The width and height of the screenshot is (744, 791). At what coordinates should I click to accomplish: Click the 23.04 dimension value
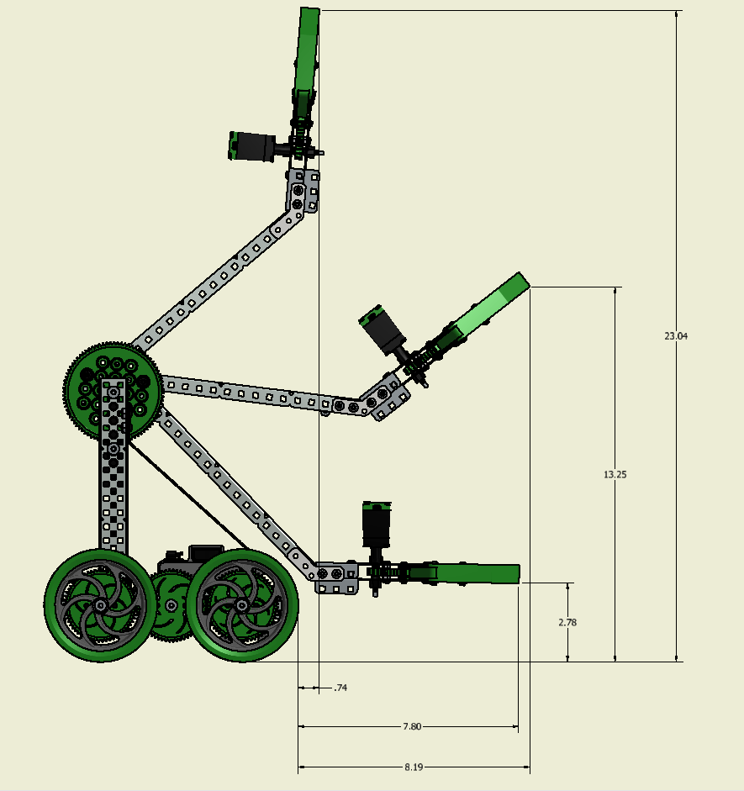click(x=676, y=336)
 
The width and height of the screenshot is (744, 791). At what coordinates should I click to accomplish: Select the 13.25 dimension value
click(x=615, y=474)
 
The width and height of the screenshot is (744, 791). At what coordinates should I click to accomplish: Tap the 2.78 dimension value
click(x=567, y=623)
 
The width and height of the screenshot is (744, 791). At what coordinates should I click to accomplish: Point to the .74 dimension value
click(x=340, y=688)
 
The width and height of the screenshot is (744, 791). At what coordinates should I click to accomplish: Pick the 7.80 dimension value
click(x=412, y=726)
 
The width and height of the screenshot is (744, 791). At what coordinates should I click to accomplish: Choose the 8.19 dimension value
click(x=414, y=767)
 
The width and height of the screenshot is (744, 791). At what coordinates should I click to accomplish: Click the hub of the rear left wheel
click(x=100, y=605)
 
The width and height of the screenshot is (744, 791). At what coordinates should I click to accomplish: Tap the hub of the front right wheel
click(x=242, y=605)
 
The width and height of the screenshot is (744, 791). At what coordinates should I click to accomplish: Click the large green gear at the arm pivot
click(x=113, y=391)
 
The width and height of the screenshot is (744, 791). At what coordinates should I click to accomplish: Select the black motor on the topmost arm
click(x=252, y=146)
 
